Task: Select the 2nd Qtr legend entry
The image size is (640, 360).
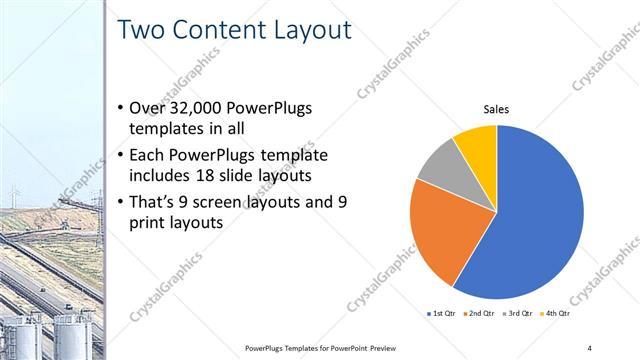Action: pos(479,313)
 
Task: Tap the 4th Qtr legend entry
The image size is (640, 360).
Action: pos(557,313)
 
